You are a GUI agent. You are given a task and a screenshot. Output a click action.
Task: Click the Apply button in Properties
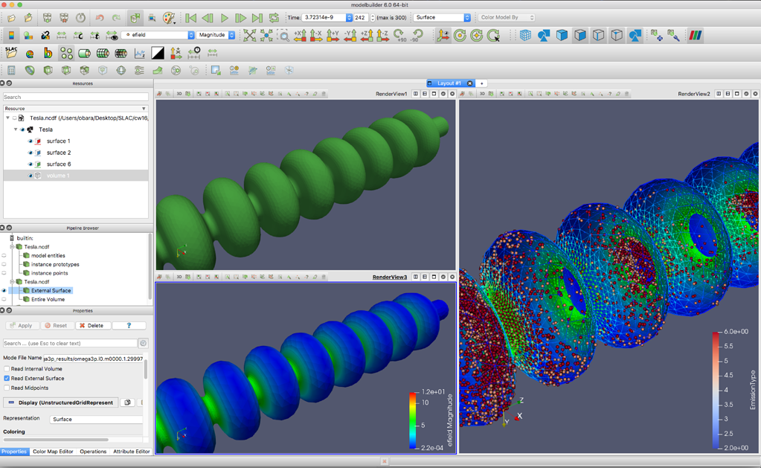coord(22,325)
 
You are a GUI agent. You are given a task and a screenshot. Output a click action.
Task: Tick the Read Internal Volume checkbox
coord(7,369)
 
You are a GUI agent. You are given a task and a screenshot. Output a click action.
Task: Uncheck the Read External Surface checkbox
coord(7,379)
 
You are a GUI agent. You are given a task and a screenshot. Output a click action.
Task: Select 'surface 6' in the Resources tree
coord(59,164)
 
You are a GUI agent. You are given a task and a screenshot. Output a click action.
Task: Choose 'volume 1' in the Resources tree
coord(58,176)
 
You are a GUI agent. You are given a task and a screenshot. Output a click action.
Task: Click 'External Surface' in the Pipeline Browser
coord(51,291)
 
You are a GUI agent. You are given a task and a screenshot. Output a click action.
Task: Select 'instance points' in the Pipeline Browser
coord(49,273)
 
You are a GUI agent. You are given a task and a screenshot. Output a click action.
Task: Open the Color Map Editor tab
coord(53,452)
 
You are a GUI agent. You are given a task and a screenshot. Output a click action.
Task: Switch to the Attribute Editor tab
coord(132,452)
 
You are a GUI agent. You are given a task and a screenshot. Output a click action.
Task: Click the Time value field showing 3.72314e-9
coord(324,17)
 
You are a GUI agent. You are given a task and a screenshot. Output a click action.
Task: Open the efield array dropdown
coord(158,35)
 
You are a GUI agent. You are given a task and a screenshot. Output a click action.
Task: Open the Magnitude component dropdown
coord(216,35)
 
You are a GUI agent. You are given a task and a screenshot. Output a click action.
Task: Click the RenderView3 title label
coord(390,277)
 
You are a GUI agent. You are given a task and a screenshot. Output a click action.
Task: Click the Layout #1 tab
coord(449,83)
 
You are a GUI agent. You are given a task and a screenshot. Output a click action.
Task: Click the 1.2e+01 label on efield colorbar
coord(434,392)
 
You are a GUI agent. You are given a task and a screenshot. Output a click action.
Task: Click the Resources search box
coord(75,97)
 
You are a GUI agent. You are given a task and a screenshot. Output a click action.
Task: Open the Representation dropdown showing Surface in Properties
coord(96,419)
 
